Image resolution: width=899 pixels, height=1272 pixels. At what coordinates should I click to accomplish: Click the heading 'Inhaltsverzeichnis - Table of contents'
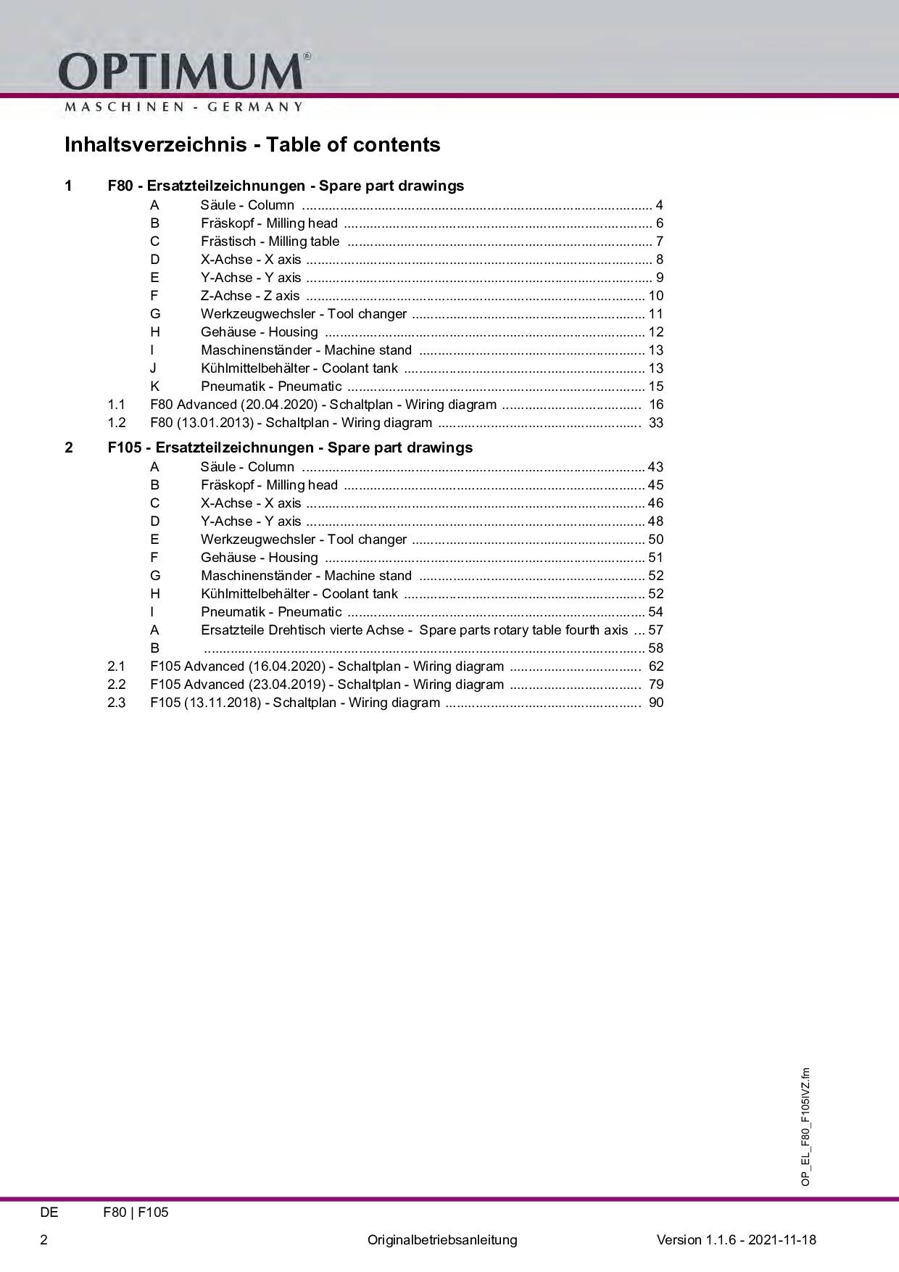[x=252, y=144]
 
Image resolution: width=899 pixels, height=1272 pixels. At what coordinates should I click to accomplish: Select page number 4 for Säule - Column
[x=659, y=205]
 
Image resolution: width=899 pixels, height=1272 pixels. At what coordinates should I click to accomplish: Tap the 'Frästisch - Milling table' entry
[x=270, y=241]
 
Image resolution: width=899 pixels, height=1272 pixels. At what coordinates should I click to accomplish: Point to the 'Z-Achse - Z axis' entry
[x=250, y=296]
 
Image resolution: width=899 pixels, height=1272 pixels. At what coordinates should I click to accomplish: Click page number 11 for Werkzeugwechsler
[x=656, y=314]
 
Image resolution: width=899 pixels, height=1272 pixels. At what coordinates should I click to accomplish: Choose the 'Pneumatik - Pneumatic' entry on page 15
[x=271, y=387]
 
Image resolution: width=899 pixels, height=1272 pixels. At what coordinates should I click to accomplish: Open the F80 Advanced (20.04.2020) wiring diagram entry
[x=323, y=405]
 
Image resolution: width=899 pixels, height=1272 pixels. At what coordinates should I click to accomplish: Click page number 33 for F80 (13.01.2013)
[x=656, y=423]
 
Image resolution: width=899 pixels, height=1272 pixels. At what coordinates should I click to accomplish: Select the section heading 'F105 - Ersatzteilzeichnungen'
[x=290, y=447]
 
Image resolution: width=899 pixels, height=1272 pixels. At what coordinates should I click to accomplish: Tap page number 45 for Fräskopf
[x=656, y=485]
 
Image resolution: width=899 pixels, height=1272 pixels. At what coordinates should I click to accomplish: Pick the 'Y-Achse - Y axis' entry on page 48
[x=251, y=521]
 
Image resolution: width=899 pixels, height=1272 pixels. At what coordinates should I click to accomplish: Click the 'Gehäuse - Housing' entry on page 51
[x=260, y=558]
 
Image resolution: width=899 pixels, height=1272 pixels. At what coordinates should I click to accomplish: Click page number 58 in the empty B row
[x=656, y=648]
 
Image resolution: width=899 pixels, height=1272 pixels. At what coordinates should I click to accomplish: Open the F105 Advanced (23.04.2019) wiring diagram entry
[x=327, y=685]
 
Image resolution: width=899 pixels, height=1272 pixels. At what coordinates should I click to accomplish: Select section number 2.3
[x=116, y=703]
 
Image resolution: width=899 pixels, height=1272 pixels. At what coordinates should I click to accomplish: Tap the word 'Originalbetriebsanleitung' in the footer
[x=442, y=1239]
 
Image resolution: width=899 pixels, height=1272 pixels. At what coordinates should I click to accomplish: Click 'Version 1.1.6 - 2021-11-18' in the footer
[x=736, y=1239]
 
